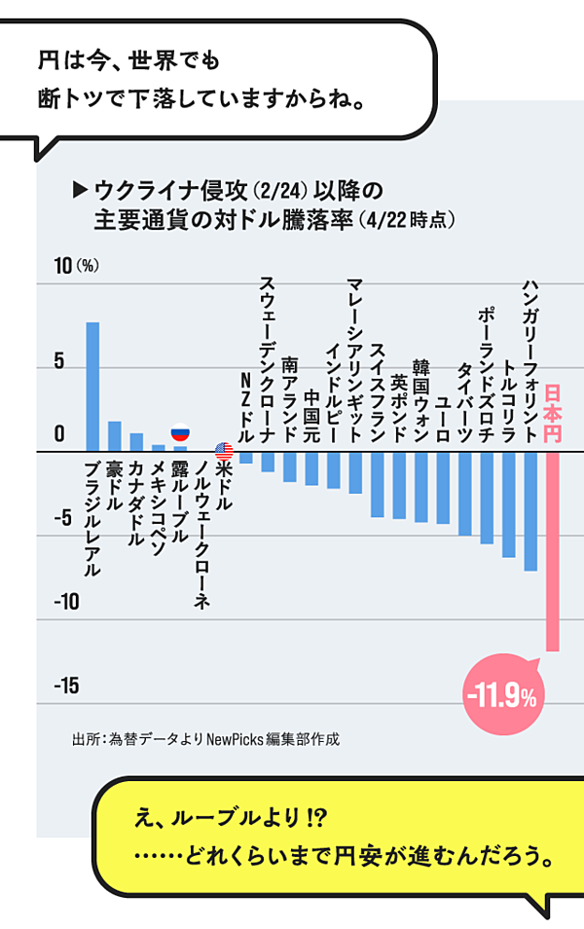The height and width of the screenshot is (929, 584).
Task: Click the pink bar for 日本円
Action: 552,551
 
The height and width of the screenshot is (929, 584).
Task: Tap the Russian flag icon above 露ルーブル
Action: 180,434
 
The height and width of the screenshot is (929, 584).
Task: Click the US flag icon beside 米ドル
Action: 224,452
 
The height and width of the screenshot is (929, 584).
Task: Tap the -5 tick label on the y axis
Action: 63,518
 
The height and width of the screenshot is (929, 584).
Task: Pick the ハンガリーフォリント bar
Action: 530,511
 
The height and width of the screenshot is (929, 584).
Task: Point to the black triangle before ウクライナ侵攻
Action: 81,188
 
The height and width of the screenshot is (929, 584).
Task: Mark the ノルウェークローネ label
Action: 201,536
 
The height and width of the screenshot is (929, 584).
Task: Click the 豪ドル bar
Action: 115,437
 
